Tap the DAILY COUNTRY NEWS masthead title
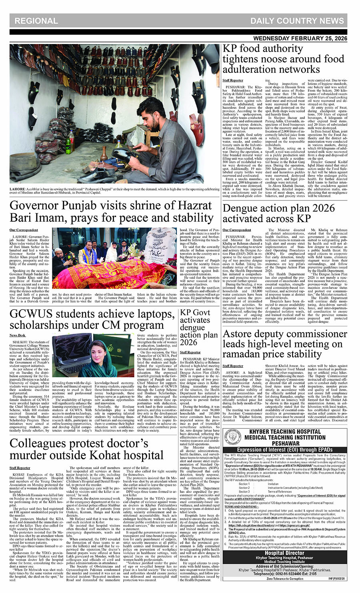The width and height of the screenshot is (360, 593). click(x=297, y=21)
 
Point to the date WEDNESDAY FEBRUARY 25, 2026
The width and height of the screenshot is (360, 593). click(x=300, y=38)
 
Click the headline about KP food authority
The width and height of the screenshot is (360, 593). click(x=283, y=59)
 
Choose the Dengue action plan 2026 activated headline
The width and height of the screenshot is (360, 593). click(x=279, y=213)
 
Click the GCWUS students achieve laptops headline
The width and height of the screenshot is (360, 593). click(x=92, y=319)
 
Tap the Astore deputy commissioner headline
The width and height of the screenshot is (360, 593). click(x=284, y=344)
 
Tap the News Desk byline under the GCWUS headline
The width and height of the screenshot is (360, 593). click(x=17, y=335)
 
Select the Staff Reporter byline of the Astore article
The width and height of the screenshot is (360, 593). click(x=233, y=366)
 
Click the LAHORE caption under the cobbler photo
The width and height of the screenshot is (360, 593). click(x=114, y=190)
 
